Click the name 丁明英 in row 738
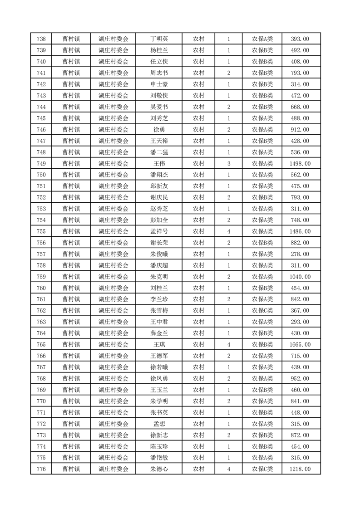(x=159, y=39)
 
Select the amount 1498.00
(x=300, y=163)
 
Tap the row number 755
(x=41, y=231)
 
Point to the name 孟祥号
(x=159, y=231)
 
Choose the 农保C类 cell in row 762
(x=262, y=311)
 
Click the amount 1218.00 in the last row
(x=300, y=469)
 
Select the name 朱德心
(x=159, y=469)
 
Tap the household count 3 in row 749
(x=228, y=163)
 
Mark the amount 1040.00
(x=300, y=277)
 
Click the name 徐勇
(x=159, y=129)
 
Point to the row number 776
(x=41, y=469)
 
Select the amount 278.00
(x=300, y=254)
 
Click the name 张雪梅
(x=159, y=311)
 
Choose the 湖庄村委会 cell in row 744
(x=113, y=107)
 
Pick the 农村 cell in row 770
(x=198, y=401)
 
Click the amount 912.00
(x=300, y=129)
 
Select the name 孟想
(x=159, y=424)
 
